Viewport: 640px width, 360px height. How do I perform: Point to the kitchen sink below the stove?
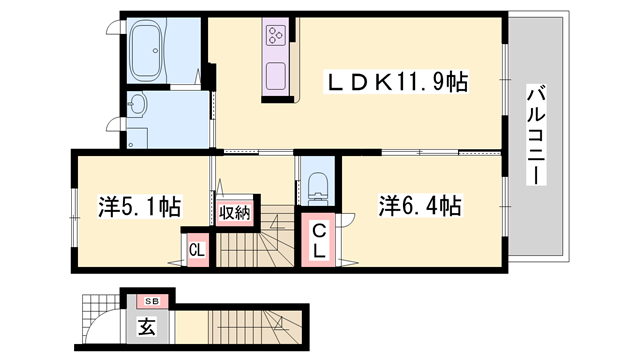[275, 72]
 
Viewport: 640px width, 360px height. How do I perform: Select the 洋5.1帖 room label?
[139, 207]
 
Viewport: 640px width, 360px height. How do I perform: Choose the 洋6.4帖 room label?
[419, 206]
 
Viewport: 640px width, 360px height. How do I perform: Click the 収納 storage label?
[235, 212]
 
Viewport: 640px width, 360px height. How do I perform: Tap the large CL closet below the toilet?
[320, 241]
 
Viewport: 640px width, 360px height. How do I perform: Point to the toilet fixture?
[319, 183]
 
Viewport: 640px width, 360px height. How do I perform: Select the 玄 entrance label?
[147, 326]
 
